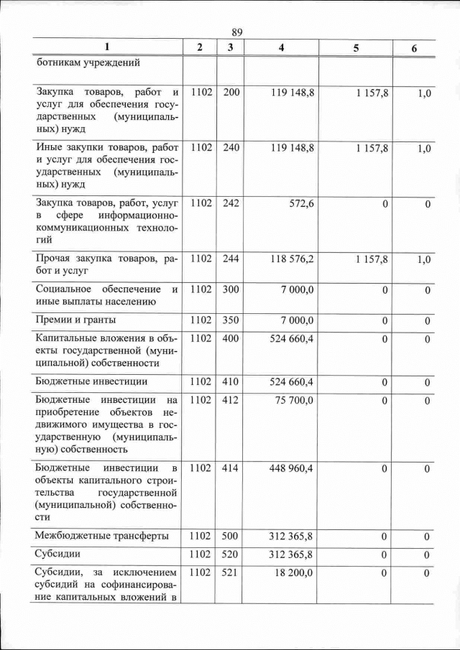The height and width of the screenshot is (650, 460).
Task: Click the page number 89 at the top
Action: [x=237, y=32]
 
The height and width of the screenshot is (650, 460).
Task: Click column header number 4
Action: [x=280, y=47]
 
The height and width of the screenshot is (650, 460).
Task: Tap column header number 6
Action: [x=413, y=47]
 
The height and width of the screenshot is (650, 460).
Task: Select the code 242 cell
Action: [x=231, y=204]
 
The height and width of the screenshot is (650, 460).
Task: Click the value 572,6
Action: [x=300, y=204]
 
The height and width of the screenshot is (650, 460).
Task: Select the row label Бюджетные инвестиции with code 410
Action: [x=92, y=381]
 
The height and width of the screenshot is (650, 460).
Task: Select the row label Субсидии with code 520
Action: [x=57, y=554]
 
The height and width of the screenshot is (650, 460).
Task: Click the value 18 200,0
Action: [x=294, y=573]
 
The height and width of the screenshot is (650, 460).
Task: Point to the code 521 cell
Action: [x=231, y=573]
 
